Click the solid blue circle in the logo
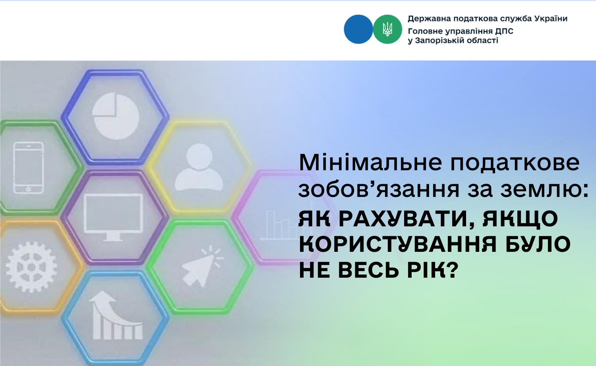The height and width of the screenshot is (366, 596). pos(358,29)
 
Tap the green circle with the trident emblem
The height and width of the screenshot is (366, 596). pos(387,29)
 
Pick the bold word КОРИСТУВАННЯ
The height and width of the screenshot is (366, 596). pos(398,245)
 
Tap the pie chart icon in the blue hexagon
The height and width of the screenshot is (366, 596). pos(116,116)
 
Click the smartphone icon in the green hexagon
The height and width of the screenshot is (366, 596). pos(29,168)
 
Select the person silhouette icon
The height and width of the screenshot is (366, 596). pos(199,167)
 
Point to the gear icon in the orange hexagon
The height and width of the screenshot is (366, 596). pos(31,267)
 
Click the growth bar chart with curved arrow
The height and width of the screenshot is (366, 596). pos(116,315)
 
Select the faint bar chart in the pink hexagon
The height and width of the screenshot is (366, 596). pos(279,225)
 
